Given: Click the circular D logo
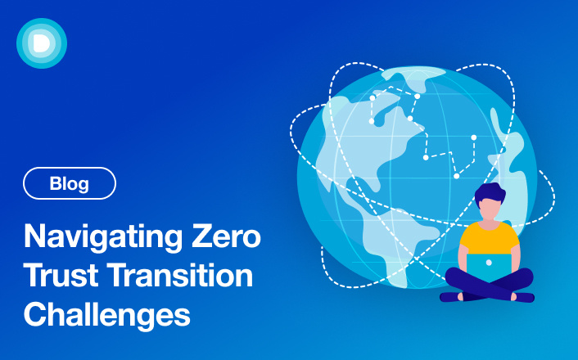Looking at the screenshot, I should tap(41, 42).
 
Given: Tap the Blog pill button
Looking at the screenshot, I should tap(70, 183).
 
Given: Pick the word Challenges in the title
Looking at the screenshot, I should tap(106, 314).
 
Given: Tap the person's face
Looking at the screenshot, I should tap(490, 210).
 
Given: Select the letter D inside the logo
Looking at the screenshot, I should tap(41, 42).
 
